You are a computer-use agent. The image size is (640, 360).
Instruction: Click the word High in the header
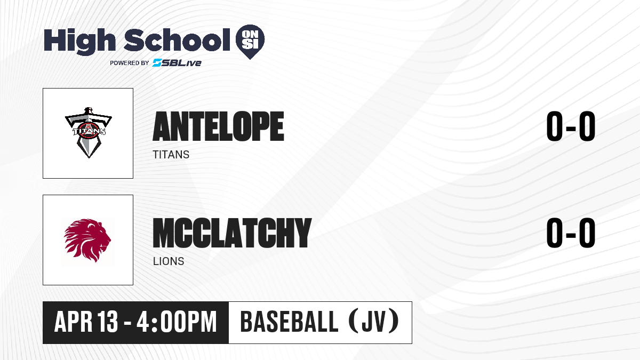(x=79, y=41)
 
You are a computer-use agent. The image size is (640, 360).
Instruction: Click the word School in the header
(x=177, y=39)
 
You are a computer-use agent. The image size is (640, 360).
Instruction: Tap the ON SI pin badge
(x=250, y=42)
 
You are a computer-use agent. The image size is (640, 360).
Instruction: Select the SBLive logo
(x=177, y=63)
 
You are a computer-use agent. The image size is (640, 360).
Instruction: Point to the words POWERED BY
(x=130, y=63)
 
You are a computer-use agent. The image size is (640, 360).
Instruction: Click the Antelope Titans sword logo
(x=89, y=133)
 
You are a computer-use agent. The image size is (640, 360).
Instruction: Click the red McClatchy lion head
(x=87, y=241)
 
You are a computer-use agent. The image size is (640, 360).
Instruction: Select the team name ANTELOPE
(x=218, y=126)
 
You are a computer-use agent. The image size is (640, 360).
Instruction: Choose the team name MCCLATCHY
(x=232, y=233)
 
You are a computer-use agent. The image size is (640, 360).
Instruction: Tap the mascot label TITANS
(x=171, y=155)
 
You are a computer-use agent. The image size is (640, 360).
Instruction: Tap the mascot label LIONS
(x=169, y=261)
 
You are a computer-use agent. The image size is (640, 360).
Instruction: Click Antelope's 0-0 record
(x=571, y=126)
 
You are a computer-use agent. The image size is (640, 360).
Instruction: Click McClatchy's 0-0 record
(x=571, y=233)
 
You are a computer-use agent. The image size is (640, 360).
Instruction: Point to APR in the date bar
(x=74, y=322)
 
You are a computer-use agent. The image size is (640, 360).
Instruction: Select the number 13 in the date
(x=107, y=322)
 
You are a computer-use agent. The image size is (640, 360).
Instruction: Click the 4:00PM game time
(x=177, y=322)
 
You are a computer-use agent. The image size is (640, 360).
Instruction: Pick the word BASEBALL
(x=290, y=322)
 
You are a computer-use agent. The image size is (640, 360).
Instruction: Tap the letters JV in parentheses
(x=374, y=322)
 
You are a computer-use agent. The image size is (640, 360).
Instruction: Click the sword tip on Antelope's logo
(x=89, y=157)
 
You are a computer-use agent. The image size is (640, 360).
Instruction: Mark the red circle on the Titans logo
(x=89, y=131)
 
